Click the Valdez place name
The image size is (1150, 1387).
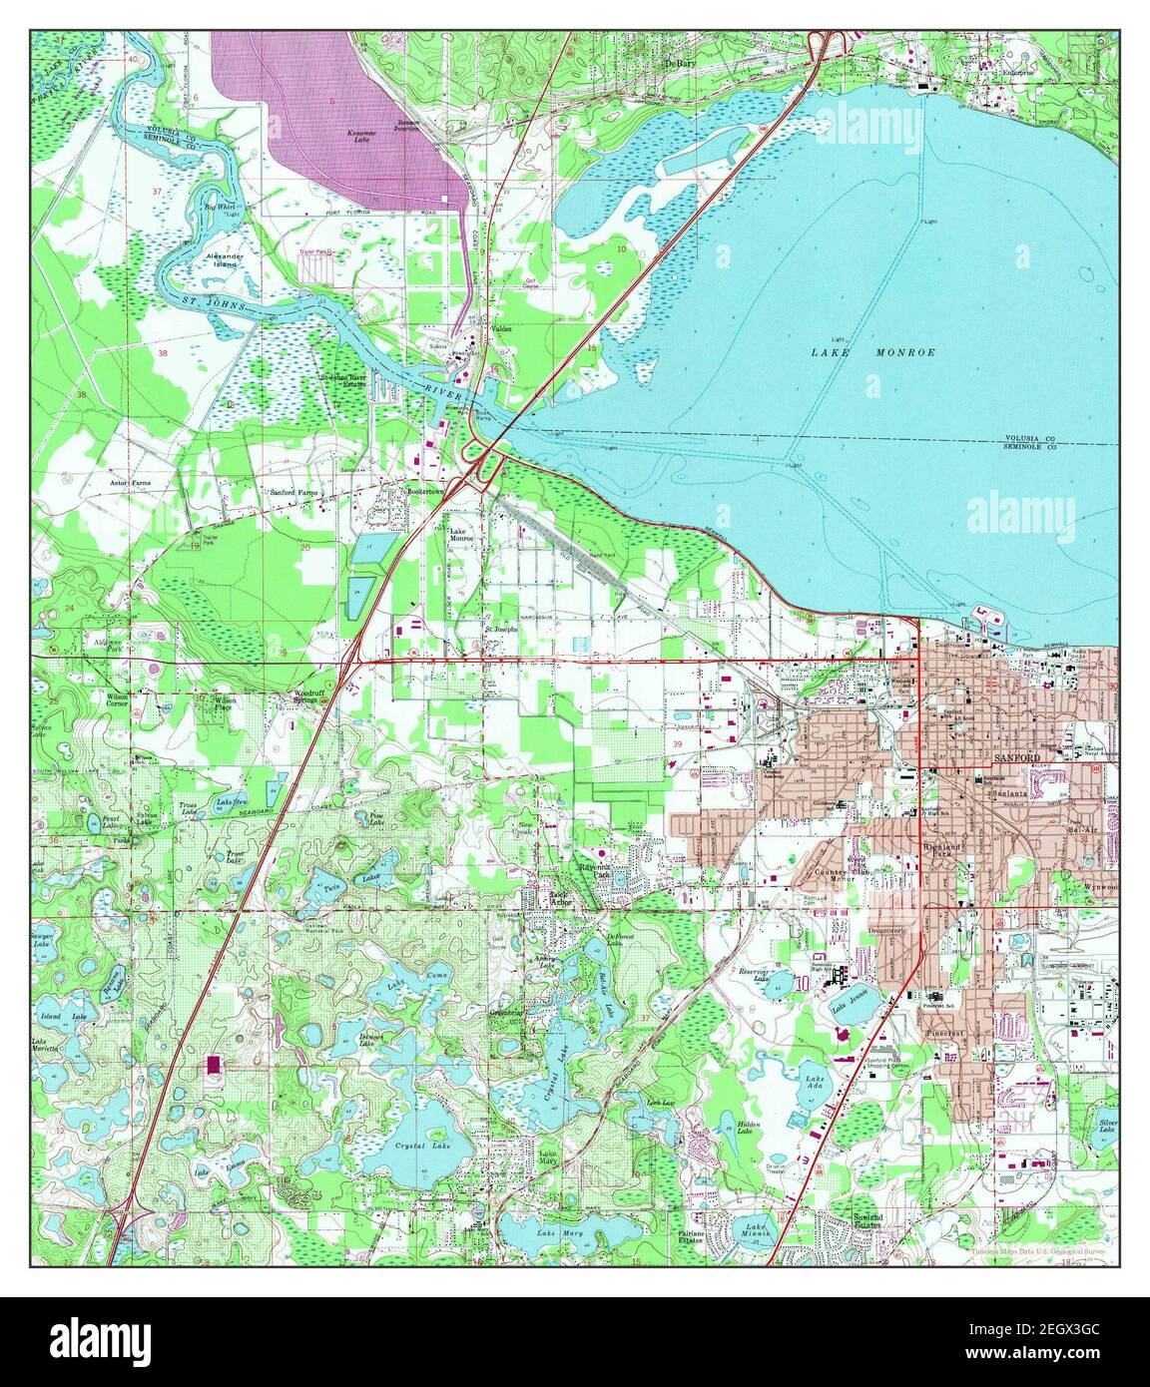click(499, 328)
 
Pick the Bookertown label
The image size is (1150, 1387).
click(423, 491)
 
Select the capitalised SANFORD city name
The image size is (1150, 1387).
click(1017, 759)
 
